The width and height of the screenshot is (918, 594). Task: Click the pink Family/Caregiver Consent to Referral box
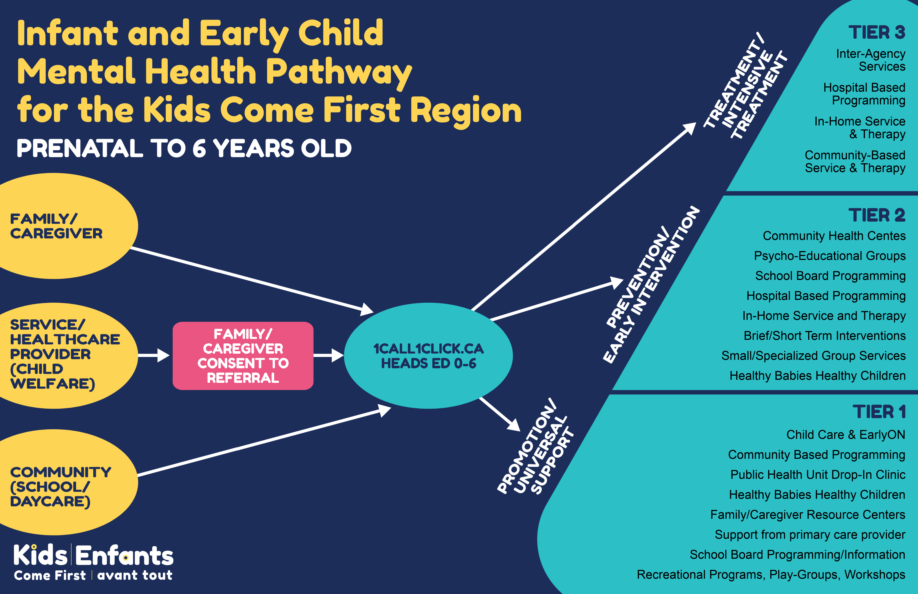click(243, 356)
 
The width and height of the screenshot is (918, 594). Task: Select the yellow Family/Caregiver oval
click(66, 226)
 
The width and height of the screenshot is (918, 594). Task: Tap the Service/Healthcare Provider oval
click(66, 356)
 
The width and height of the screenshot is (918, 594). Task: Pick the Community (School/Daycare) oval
click(66, 482)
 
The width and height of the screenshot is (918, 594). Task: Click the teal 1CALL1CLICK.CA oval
click(428, 356)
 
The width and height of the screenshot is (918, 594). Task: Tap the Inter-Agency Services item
click(870, 60)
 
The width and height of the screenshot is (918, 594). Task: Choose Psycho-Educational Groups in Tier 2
click(830, 256)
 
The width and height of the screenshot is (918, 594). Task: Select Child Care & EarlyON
click(846, 435)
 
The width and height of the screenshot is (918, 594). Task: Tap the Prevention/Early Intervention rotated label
click(651, 285)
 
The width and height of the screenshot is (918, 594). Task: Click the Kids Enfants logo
click(93, 562)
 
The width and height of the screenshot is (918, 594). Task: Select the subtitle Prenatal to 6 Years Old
click(184, 148)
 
